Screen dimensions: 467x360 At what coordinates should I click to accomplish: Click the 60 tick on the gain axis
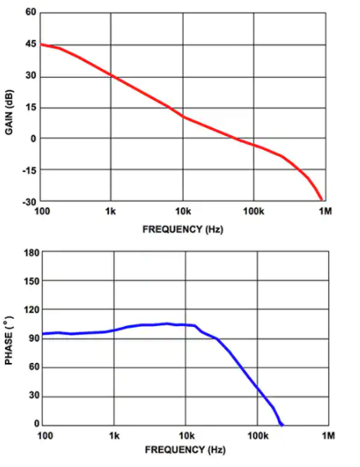[x=30, y=13]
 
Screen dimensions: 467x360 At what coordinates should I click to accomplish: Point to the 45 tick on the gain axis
[x=30, y=45]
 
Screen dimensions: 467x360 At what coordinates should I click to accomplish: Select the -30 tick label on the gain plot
[x=29, y=202]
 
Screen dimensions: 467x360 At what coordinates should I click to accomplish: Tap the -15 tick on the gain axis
[x=29, y=170]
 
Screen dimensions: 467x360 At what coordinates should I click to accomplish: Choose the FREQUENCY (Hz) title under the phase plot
[x=185, y=451]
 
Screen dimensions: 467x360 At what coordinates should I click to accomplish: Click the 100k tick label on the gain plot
[x=253, y=211]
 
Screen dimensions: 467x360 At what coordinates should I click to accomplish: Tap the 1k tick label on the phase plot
[x=114, y=435]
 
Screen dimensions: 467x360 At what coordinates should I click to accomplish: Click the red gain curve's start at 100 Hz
[x=40, y=44]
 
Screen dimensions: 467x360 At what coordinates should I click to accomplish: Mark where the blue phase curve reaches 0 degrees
[x=282, y=425]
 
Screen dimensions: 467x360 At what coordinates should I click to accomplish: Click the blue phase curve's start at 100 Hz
[x=43, y=333]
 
